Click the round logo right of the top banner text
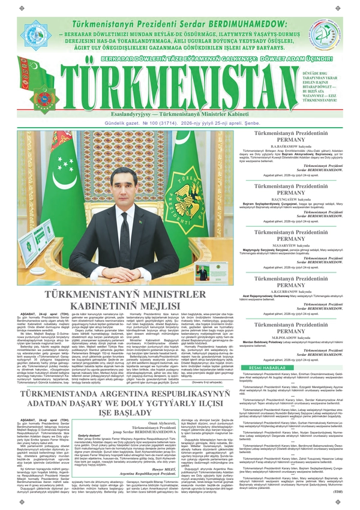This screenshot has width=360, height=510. pos(325,35)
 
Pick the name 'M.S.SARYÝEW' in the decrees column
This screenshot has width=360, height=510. pos(289,228)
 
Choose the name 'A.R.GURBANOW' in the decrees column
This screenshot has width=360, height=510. pos(289,274)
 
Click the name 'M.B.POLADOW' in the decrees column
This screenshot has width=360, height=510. pos(289,320)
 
